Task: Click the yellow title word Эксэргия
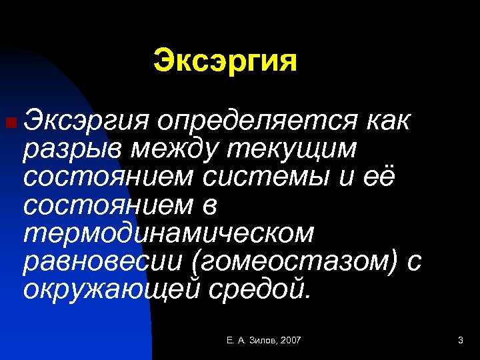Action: [x=225, y=62]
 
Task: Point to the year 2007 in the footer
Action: [x=291, y=341]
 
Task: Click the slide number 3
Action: [x=460, y=341]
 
